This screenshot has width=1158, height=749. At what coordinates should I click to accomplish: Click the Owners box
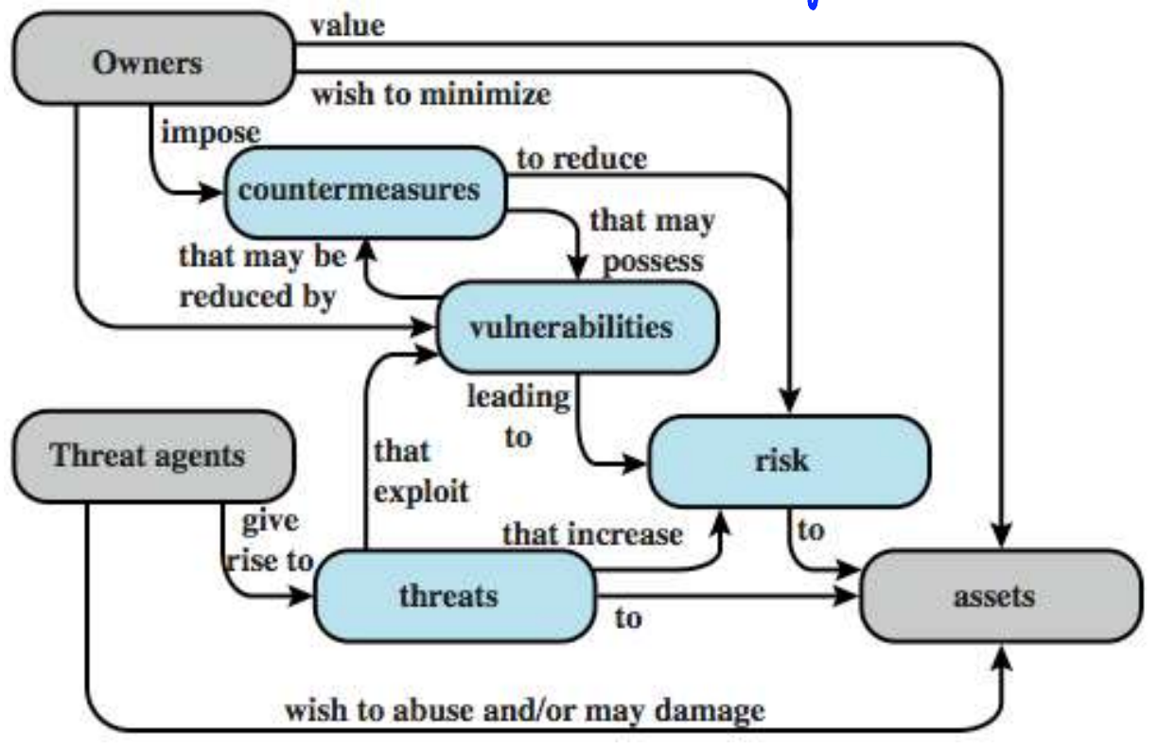coord(149,62)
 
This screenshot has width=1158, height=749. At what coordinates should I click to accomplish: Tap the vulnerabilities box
coord(573,327)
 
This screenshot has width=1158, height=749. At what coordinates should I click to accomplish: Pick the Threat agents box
coord(149,457)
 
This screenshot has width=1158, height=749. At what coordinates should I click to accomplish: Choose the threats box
coord(450,596)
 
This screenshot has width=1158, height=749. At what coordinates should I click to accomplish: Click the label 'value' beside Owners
coord(348,26)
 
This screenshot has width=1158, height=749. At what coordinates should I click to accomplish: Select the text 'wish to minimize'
coord(430,96)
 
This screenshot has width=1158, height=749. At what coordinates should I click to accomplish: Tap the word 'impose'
coord(210,131)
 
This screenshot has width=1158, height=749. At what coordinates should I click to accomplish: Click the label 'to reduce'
coord(582,159)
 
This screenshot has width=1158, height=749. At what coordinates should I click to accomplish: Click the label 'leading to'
coord(518,415)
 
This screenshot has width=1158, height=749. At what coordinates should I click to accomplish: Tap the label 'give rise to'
coord(270,541)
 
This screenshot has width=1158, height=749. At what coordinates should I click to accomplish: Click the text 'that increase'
coord(592,533)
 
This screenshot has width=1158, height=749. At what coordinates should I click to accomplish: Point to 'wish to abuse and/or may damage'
coord(525,711)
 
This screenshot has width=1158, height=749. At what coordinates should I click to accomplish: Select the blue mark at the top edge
coord(812,4)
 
